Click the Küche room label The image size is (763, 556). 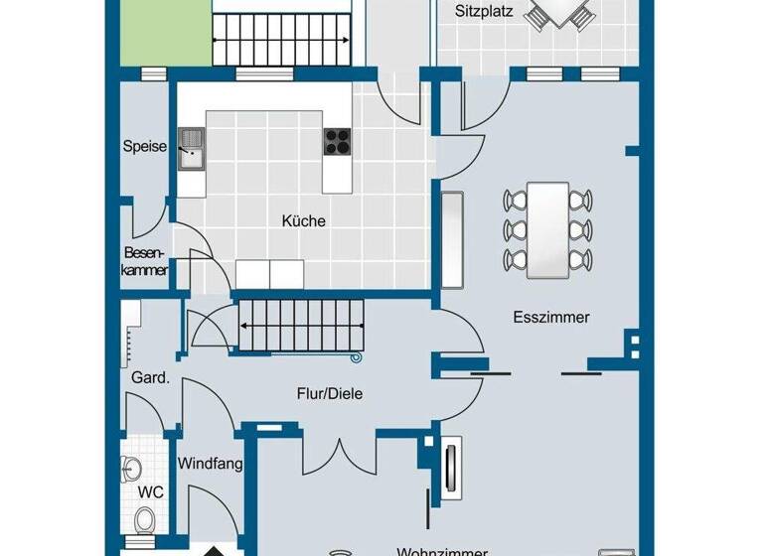[x=303, y=221]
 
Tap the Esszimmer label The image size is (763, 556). [x=551, y=318]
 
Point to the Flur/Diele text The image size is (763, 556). [x=330, y=393]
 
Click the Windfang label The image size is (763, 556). [x=211, y=463]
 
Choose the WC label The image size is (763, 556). [x=151, y=491]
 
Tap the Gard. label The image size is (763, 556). [x=151, y=377]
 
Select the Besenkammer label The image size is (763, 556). [x=145, y=261]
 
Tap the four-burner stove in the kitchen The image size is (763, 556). [x=338, y=141]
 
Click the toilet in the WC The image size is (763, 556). [x=145, y=519]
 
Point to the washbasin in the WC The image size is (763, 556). [x=129, y=466]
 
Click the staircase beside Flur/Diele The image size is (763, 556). [x=298, y=325]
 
